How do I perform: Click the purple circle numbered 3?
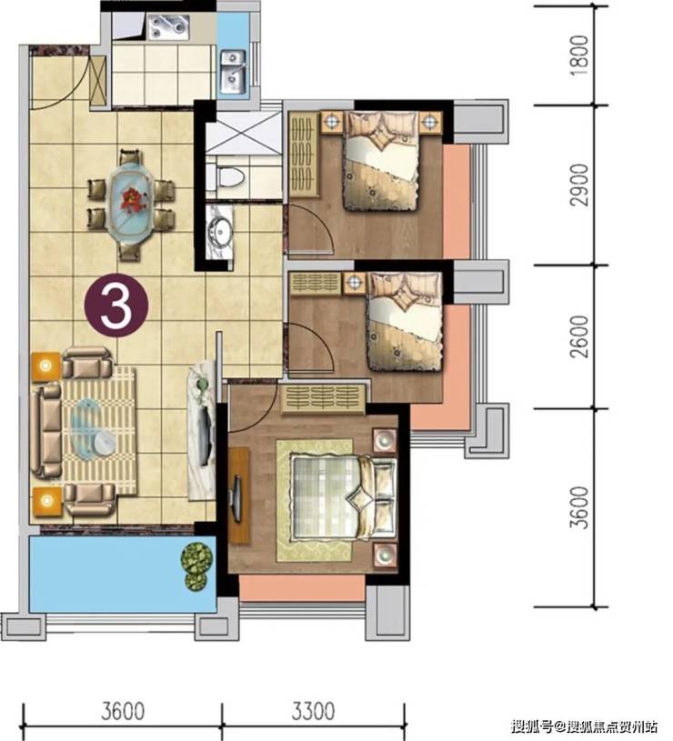pos(116,305)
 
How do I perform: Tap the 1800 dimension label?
pos(580,55)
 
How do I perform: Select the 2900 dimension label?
pos(580,185)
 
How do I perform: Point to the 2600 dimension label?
pos(580,336)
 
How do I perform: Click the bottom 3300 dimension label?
pos(313,711)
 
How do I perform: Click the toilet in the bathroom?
pos(230,177)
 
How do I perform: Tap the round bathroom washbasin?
pos(220,232)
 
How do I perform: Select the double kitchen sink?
pos(233,71)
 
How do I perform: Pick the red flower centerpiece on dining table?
pos(130,198)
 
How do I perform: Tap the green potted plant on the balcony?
pos(196,566)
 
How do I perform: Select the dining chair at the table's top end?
pos(130,157)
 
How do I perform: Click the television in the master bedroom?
pos(236,492)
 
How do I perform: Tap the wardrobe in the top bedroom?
pos(303,154)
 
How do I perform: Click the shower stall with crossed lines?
pos(244,133)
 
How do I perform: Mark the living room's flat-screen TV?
pos(206,435)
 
